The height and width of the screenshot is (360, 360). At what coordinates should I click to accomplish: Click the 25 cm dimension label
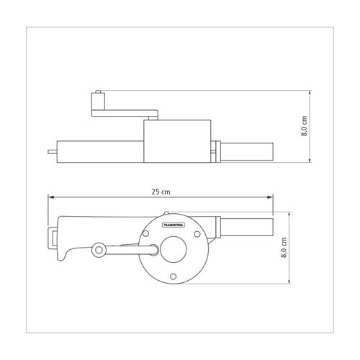[161, 192]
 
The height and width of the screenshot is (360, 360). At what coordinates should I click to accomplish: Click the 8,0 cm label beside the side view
[304, 126]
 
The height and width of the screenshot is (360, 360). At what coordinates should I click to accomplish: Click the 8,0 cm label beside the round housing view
[284, 248]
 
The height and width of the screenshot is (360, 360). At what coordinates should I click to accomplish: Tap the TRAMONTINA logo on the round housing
[174, 225]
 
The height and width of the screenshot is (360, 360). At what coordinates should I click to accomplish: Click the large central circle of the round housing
[174, 249]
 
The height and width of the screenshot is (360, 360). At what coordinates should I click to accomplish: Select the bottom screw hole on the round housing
[173, 276]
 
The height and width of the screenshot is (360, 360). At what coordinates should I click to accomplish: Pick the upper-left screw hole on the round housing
[145, 233]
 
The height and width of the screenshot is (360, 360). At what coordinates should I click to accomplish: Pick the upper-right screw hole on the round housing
[197, 234]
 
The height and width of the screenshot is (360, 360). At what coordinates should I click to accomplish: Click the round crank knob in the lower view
[99, 250]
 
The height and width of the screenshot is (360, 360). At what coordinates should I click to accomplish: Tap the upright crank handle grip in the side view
[98, 102]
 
